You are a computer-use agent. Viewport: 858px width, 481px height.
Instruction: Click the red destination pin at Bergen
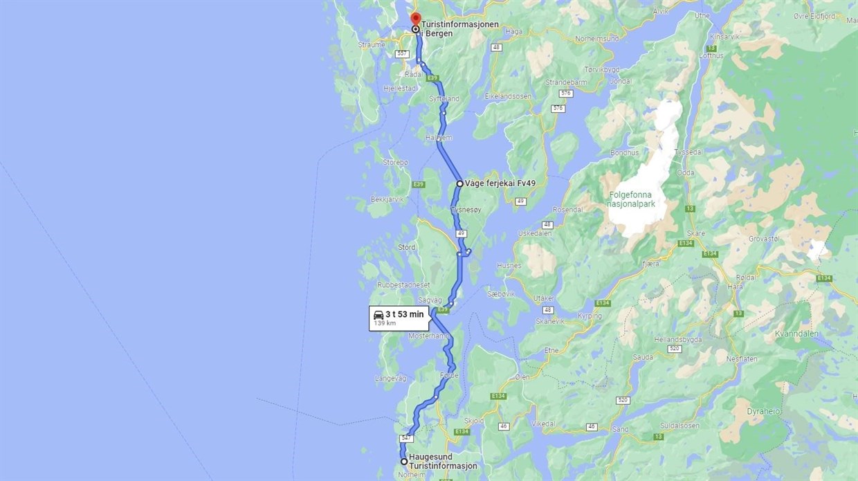point(415,19)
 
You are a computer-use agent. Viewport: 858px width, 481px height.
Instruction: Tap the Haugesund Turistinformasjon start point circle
point(404,461)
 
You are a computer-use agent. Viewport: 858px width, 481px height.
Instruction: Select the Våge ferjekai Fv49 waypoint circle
point(459,184)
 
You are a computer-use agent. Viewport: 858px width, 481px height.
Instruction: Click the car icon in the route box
point(378,315)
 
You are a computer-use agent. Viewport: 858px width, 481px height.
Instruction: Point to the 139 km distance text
point(385,323)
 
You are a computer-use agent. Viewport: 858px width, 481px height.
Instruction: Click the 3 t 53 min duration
point(404,314)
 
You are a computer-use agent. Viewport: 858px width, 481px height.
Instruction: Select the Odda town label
point(685,173)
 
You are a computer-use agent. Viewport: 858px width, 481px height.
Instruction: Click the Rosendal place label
point(567,209)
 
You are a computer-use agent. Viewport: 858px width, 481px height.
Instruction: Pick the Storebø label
point(395,163)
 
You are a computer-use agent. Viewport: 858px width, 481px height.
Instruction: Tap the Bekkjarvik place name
point(387,199)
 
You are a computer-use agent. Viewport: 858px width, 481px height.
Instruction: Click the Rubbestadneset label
point(403,285)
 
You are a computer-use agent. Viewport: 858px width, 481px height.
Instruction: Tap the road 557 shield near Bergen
point(402,54)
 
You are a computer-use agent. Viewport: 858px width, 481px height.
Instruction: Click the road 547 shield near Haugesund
point(406,438)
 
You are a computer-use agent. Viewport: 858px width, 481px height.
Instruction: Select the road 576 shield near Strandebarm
point(567,93)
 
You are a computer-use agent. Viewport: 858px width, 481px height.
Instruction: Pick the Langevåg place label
point(390,378)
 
